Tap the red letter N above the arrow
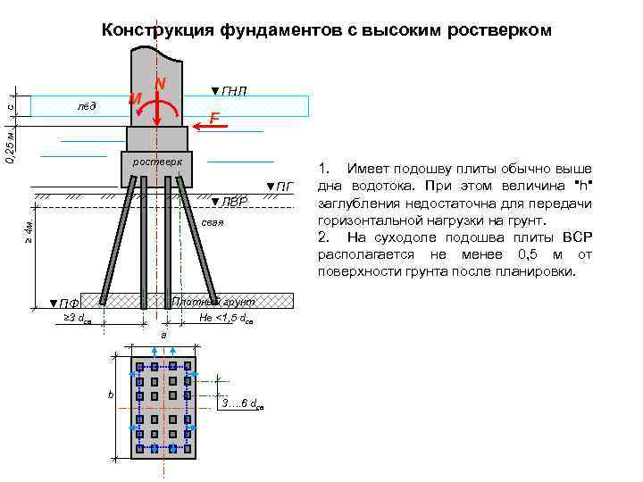click(160, 83)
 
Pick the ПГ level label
click(280, 187)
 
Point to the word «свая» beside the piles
click(212, 222)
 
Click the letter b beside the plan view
click(110, 394)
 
